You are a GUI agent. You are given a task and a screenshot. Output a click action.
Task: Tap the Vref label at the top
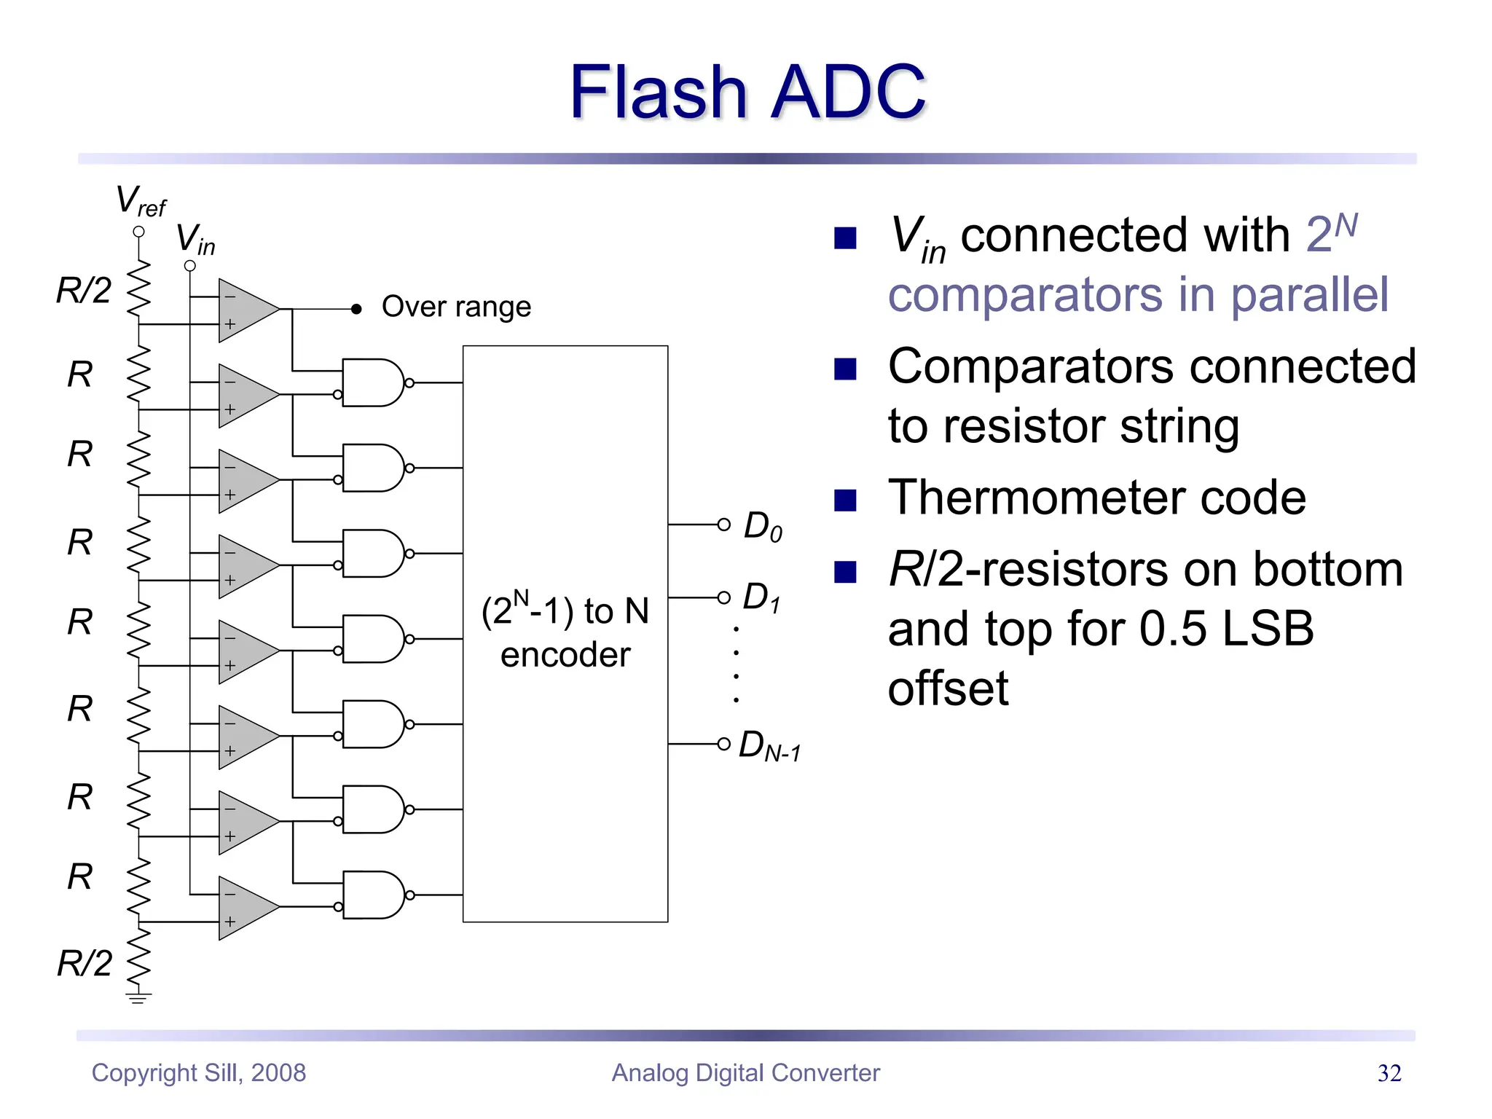140,200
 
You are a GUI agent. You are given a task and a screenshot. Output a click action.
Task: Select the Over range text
456,307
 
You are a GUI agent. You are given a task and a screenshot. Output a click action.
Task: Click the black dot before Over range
356,309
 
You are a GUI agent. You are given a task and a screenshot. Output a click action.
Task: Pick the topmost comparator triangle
244,310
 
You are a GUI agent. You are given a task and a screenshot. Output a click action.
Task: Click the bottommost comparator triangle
244,908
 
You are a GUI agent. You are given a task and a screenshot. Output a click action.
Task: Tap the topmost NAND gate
373,382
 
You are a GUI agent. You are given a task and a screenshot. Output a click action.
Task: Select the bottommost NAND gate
373,895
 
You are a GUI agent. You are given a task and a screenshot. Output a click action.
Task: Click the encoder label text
565,632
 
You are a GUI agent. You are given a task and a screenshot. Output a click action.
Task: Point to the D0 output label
763,526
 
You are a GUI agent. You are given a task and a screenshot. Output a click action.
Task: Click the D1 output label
761,597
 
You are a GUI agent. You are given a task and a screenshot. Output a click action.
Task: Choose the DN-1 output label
769,746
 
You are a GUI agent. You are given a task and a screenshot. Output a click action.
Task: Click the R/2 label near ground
85,963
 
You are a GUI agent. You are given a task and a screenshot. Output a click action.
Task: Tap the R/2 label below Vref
84,291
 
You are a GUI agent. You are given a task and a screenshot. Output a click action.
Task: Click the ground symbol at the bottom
138,997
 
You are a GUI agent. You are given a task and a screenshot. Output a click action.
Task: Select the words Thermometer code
1096,498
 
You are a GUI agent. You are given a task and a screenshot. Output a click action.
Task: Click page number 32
1389,1073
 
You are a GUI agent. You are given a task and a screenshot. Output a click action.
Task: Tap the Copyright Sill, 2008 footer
198,1073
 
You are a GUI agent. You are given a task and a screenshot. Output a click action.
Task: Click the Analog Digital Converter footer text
745,1073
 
